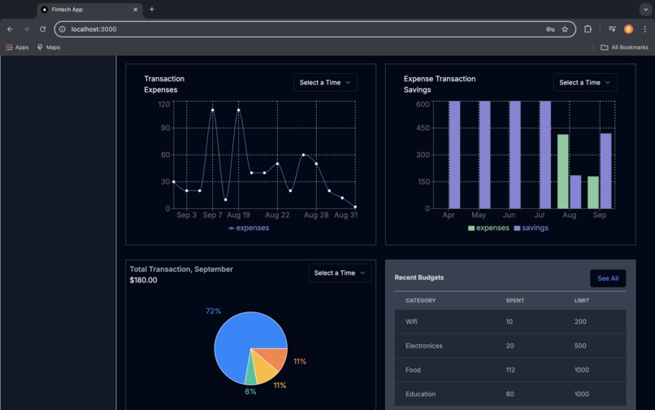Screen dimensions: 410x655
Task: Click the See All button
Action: click(x=608, y=278)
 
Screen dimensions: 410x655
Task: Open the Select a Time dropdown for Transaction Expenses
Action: click(x=325, y=82)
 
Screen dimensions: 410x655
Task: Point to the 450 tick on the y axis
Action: click(x=423, y=128)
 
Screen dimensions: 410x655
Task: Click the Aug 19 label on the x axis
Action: click(x=238, y=215)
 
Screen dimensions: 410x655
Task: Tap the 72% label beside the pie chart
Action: click(x=213, y=312)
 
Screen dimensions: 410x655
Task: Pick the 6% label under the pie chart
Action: click(x=250, y=391)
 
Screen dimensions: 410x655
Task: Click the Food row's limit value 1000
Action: click(x=581, y=370)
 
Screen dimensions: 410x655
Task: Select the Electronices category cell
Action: click(x=424, y=346)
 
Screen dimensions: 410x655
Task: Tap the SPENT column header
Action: click(x=514, y=300)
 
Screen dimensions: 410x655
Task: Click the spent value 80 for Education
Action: click(x=510, y=394)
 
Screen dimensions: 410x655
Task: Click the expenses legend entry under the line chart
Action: click(x=249, y=228)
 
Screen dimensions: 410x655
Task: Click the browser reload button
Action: click(x=42, y=29)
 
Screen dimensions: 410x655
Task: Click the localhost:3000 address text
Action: click(x=93, y=29)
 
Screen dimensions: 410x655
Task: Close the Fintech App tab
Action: click(x=135, y=10)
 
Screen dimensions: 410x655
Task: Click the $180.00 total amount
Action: click(x=144, y=280)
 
